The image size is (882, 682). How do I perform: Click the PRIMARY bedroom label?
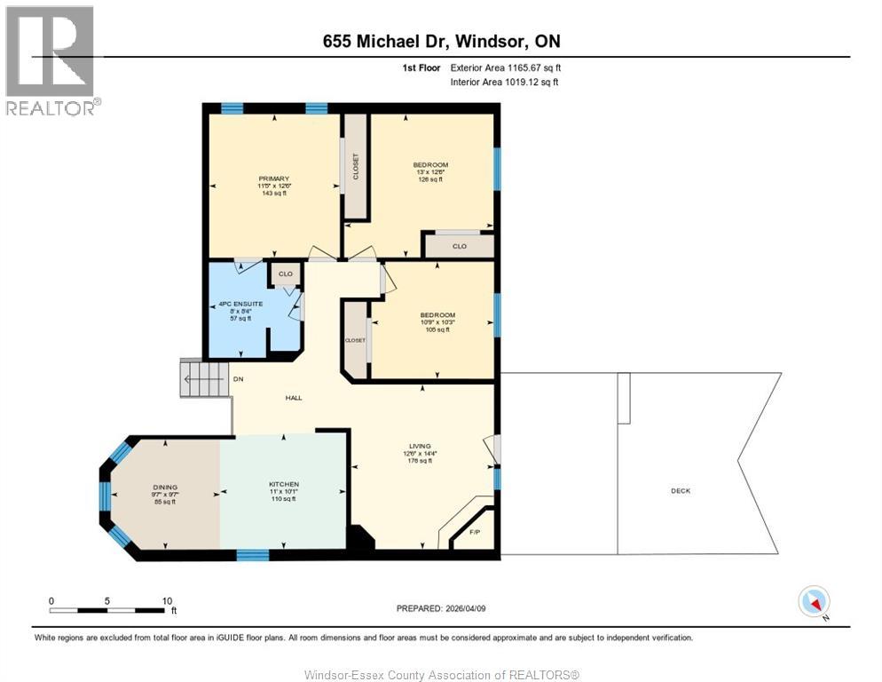tap(274, 178)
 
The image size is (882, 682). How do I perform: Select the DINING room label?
tap(165, 487)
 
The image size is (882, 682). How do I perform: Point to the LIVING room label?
tap(420, 446)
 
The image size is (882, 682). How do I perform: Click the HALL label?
tap(294, 397)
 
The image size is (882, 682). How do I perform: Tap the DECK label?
tap(681, 491)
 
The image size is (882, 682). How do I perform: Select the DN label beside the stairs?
tap(238, 379)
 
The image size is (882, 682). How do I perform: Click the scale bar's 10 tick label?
tap(167, 601)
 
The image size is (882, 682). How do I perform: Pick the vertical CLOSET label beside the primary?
tap(357, 167)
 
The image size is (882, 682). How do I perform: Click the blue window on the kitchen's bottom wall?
tap(253, 555)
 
